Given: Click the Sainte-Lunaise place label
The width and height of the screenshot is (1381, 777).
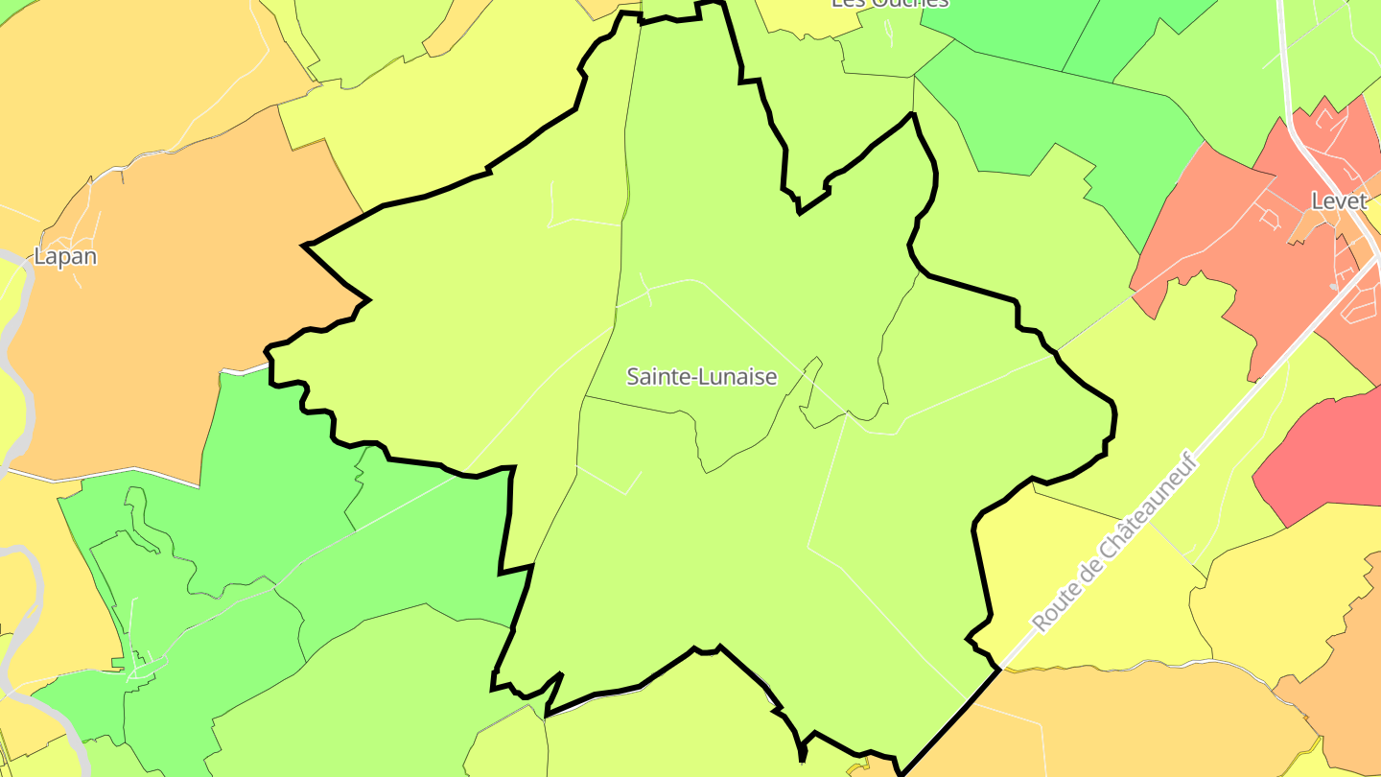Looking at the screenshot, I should tap(701, 377).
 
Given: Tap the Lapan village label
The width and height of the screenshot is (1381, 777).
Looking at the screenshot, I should tap(65, 256).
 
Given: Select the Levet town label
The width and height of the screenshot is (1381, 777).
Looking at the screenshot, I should tap(1339, 201).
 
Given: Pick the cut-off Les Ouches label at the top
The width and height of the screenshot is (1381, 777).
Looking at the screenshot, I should tap(889, 3).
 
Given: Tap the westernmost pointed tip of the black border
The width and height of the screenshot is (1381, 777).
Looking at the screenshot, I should tap(304, 247).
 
